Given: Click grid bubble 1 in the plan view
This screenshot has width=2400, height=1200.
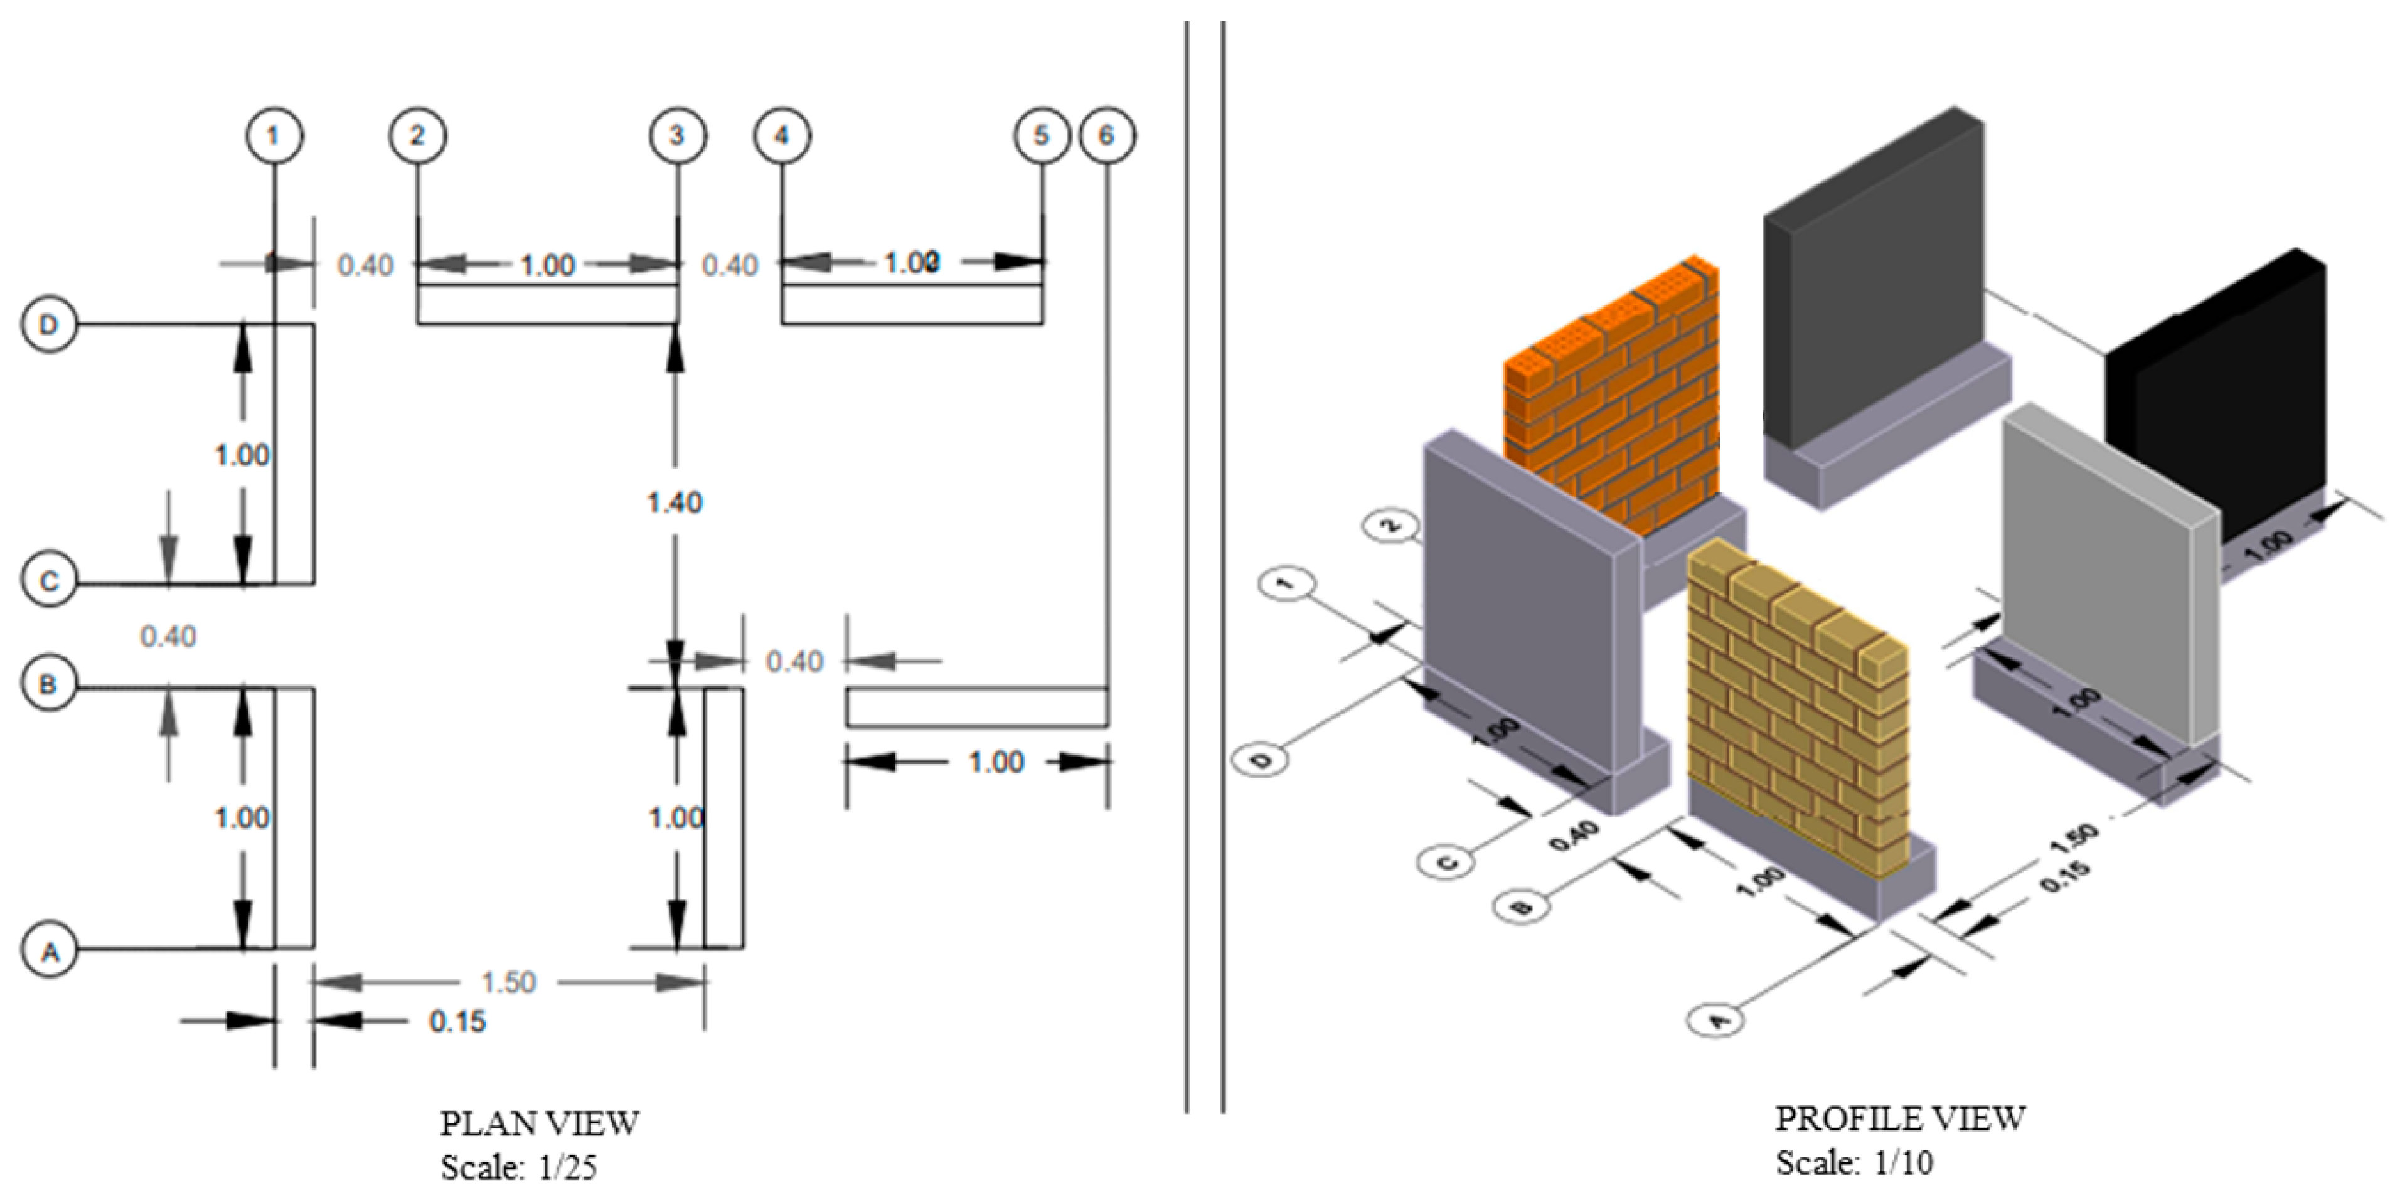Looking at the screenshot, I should point(274,136).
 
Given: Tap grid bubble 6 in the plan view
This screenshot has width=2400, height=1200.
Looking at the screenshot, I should point(1107,136).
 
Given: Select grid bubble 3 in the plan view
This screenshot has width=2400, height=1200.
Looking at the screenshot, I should point(677,136).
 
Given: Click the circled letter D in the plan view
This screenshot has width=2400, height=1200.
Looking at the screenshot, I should point(48,325).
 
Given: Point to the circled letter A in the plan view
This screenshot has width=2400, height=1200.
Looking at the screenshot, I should point(50,950).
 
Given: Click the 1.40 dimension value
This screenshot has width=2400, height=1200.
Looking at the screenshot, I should point(675,503).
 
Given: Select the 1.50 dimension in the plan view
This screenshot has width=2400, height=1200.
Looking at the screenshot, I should point(509,982).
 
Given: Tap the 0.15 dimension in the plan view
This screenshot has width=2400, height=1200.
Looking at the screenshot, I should point(457,1022).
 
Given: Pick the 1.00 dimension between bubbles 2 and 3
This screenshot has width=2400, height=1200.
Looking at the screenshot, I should point(547,265).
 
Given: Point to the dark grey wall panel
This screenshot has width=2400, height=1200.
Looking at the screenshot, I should point(1873,289).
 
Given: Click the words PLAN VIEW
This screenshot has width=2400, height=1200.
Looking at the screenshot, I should point(540,1123).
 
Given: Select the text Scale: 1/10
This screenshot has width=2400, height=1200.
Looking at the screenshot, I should point(1854,1163).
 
